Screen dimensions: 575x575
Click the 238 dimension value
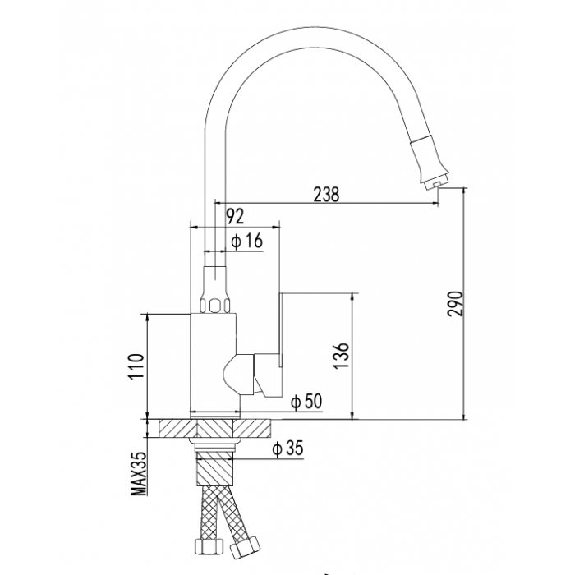coord(326,194)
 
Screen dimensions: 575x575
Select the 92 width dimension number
coord(235,216)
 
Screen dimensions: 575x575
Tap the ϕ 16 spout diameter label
coord(247,241)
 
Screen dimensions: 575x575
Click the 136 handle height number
coord(341,356)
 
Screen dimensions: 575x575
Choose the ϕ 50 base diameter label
coord(306,401)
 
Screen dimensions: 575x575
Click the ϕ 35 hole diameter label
coord(287,448)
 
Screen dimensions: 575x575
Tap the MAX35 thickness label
coord(139,473)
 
